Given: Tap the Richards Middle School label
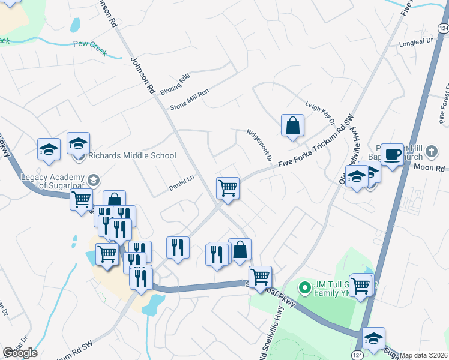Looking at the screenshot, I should (x=132, y=156).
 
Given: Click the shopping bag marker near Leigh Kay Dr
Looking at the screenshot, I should (x=292, y=126).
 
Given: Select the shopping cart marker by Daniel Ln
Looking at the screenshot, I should (x=228, y=188).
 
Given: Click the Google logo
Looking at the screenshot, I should (x=20, y=353).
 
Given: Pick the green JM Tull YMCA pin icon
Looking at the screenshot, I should (x=304, y=287).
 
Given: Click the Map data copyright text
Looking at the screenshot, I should (x=424, y=355).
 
